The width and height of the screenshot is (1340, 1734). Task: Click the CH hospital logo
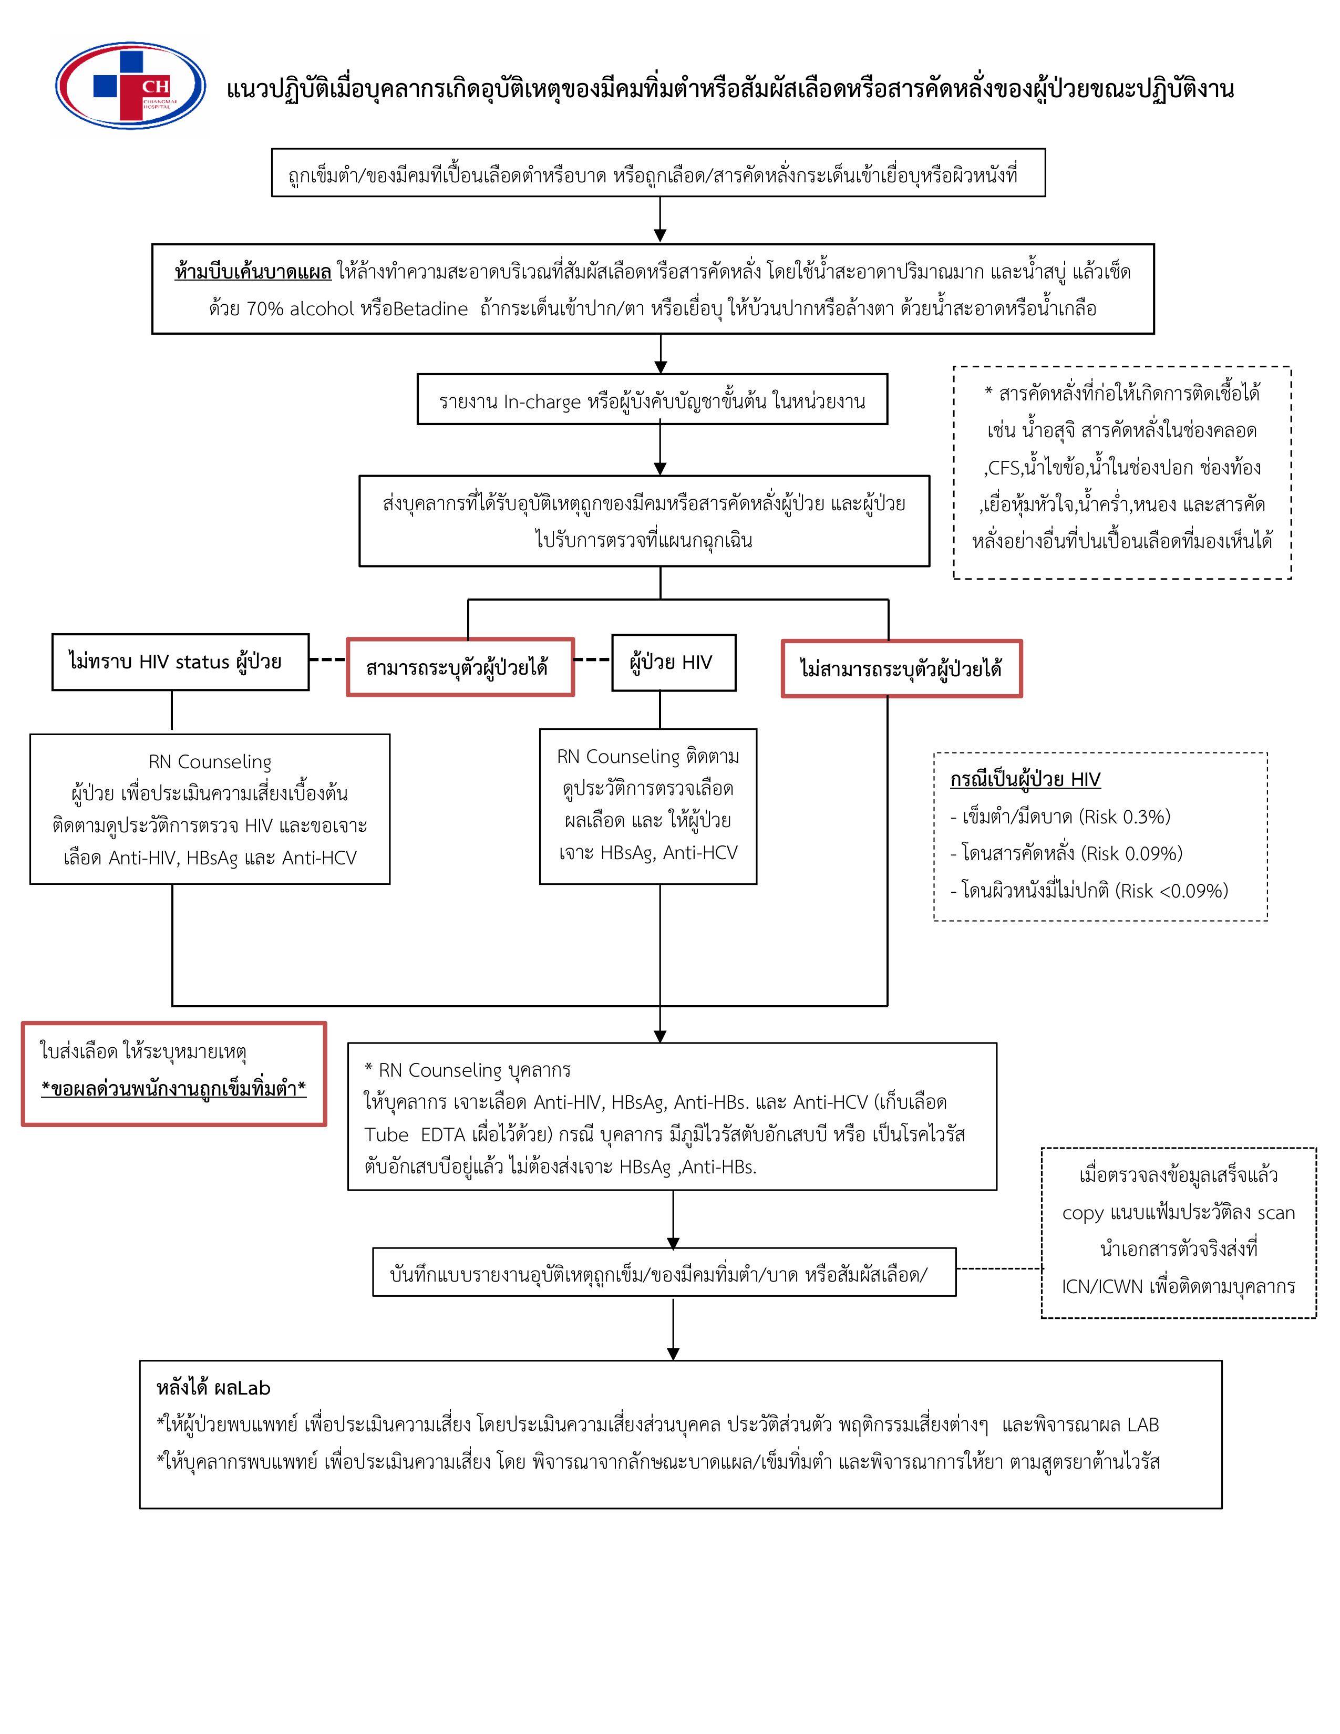pos(130,86)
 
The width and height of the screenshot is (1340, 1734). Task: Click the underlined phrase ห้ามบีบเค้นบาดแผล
pos(252,272)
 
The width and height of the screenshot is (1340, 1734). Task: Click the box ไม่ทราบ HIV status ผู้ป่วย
pos(180,662)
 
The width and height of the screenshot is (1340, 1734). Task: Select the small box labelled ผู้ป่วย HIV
pos(673,662)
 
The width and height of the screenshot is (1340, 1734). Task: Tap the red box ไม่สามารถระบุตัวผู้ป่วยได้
pos(901,668)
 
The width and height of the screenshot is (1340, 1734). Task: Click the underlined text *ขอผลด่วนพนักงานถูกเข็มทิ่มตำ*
pos(174,1089)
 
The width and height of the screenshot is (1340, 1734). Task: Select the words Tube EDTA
pos(415,1134)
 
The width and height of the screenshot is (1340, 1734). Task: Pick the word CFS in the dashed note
pos(1004,468)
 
